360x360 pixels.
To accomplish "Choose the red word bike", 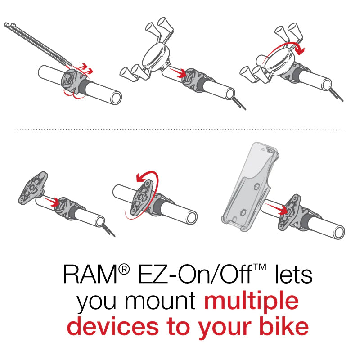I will [283, 327].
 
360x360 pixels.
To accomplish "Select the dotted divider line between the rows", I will [180, 130].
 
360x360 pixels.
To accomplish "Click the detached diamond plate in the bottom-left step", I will [31, 186].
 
